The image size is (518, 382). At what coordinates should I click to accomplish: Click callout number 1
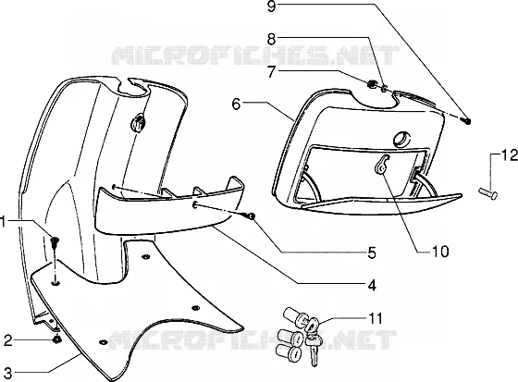click(3, 222)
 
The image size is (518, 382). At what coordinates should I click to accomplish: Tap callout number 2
click(8, 340)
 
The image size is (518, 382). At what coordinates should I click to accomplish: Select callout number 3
click(7, 373)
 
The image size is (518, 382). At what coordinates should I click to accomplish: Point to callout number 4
click(372, 285)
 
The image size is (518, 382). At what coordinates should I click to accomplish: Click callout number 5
click(372, 253)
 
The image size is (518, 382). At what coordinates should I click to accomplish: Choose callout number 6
click(236, 105)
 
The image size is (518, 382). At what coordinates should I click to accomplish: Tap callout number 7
click(271, 72)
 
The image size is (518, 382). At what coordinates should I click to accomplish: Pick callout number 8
click(271, 39)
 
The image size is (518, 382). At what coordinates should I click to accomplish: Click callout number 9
click(271, 6)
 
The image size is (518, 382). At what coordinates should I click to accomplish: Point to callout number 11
click(375, 318)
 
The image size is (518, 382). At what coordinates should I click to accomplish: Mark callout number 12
click(510, 155)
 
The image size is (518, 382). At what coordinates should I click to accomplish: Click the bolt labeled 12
click(488, 193)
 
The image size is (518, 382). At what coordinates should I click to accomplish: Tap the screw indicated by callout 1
click(55, 243)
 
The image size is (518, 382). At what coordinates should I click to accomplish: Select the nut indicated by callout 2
click(56, 339)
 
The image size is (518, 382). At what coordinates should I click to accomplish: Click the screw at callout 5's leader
click(250, 216)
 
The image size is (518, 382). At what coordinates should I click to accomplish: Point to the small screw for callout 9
click(466, 121)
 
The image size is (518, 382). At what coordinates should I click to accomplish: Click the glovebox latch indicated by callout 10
click(382, 165)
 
